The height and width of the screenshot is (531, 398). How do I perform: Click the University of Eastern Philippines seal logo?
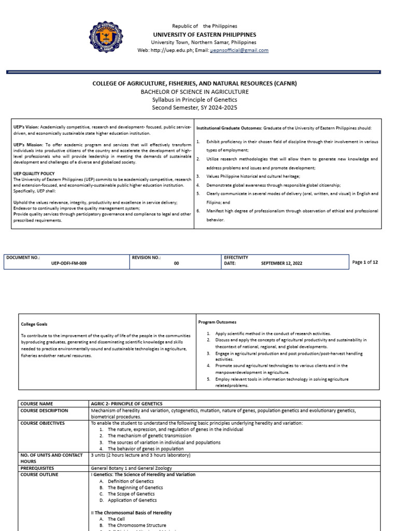pyautogui.click(x=107, y=38)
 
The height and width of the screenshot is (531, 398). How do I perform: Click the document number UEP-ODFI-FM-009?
pyautogui.click(x=69, y=263)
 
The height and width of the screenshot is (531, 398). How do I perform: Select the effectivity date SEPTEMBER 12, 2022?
pyautogui.click(x=281, y=263)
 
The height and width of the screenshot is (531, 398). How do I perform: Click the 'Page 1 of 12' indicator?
pyautogui.click(x=365, y=262)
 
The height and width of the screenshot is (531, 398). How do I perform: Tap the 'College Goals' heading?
pyautogui.click(x=34, y=324)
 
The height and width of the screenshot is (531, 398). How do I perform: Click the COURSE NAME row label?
pyautogui.click(x=37, y=403)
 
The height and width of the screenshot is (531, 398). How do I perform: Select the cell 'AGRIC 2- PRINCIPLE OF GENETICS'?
pyautogui.click(x=126, y=403)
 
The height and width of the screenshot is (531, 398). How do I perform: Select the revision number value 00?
pyautogui.click(x=176, y=263)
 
